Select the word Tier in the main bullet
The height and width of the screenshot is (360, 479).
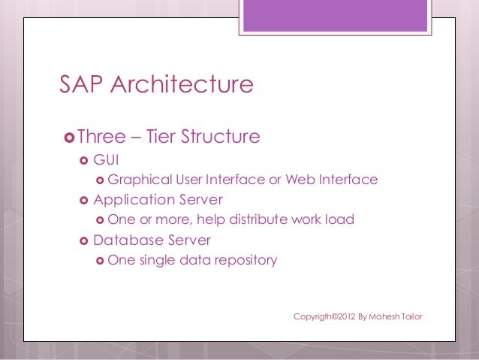pos(158,137)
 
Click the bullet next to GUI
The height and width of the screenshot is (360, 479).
pos(84,161)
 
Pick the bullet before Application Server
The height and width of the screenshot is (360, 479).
pos(84,201)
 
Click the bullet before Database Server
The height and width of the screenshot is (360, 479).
pos(84,241)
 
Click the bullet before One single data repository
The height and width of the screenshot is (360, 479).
pos(100,261)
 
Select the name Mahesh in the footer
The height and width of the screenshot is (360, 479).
pos(383,316)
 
